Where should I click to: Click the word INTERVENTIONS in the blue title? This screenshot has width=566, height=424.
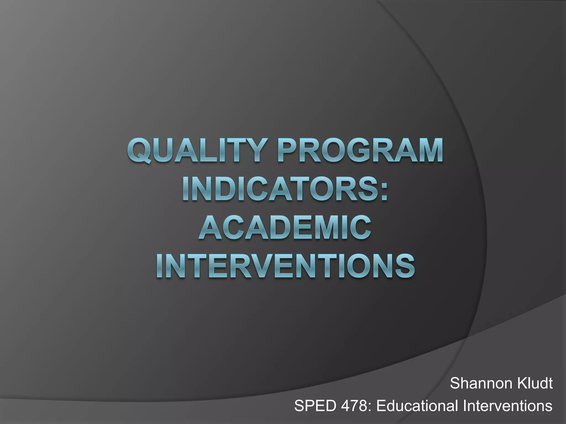(285, 266)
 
